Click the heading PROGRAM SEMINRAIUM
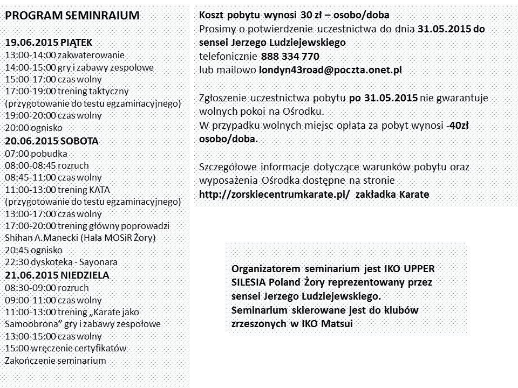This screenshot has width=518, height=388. [72, 16]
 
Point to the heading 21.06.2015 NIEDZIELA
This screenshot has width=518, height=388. [57, 275]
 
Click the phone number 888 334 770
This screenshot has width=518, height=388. [290, 56]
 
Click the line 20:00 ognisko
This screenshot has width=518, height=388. [33, 128]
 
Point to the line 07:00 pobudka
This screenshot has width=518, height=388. [34, 153]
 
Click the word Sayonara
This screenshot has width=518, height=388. [100, 262]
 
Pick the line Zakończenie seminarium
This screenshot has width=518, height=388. [56, 360]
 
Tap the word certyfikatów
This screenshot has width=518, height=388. [100, 348]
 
